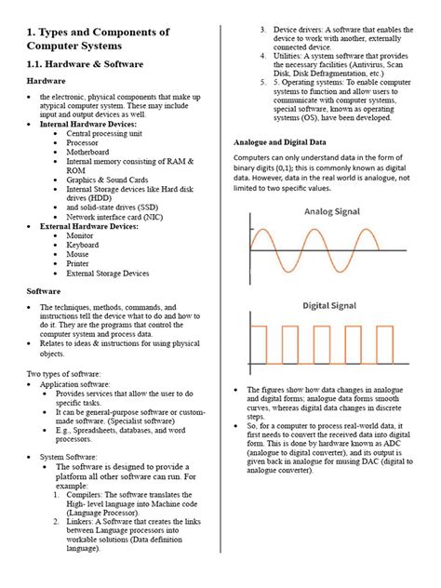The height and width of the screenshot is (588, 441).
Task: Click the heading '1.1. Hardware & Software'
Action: coord(84,64)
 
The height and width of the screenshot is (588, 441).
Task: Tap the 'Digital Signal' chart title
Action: coord(330,305)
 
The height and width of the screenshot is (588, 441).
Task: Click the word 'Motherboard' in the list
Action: coord(92,152)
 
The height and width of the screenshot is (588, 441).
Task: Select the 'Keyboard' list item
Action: coord(85,246)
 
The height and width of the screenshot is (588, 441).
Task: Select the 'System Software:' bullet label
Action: coord(72,457)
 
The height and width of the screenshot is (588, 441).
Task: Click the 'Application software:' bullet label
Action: coord(78,383)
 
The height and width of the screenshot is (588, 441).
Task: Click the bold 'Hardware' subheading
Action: coord(45,81)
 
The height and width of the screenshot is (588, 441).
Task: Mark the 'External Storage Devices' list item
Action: coord(107,274)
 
